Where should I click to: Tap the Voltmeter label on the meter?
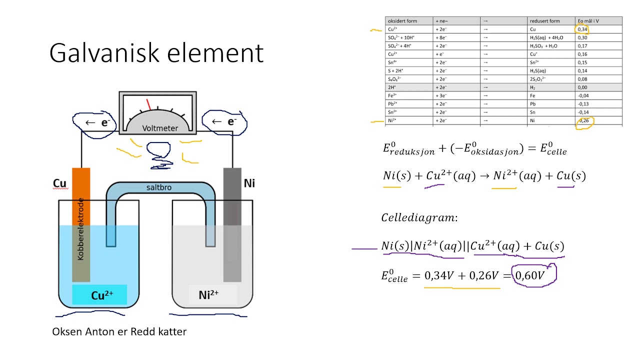(160, 128)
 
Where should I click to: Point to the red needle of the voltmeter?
(148, 104)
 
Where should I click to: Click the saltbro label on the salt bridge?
(159, 187)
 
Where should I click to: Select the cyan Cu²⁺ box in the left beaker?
(99, 295)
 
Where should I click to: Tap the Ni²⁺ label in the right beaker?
(209, 294)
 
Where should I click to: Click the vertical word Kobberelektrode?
(80, 229)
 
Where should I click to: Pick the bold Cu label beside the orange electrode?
(59, 183)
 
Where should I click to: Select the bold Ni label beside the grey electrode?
(249, 183)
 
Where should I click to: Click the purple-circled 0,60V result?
(534, 275)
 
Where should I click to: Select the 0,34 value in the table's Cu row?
(583, 29)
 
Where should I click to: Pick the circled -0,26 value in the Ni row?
(583, 121)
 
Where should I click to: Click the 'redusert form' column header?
(544, 21)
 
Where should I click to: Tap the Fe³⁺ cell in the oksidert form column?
(393, 95)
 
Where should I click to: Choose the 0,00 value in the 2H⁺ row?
(583, 87)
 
